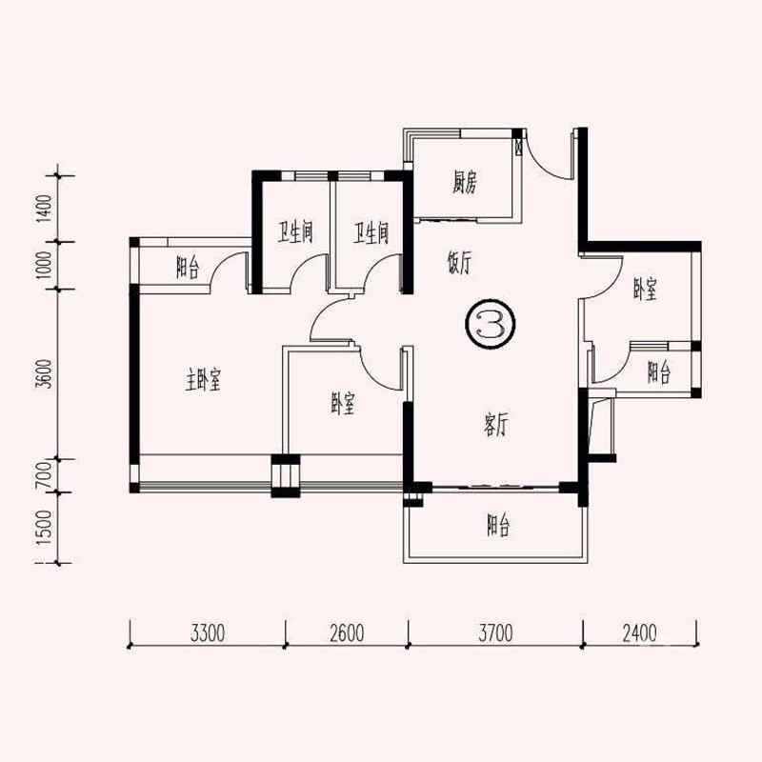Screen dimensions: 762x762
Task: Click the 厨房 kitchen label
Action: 465,183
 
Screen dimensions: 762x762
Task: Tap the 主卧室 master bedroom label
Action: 203,379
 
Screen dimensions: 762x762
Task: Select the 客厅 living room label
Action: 495,424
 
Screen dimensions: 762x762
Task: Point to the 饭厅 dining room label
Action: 459,263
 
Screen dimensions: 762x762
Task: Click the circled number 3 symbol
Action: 490,324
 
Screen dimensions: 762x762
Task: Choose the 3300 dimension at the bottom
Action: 208,633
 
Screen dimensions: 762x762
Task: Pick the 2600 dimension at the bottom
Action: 347,633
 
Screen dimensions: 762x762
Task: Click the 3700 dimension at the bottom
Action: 495,633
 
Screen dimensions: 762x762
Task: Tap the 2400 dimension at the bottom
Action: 639,633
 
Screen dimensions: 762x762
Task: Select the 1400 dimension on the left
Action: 44,208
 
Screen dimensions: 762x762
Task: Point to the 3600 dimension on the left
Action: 44,373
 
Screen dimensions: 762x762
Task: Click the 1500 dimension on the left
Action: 44,528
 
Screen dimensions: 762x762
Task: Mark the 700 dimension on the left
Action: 44,475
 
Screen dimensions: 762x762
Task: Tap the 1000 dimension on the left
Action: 44,265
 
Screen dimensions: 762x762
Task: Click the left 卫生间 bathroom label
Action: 295,232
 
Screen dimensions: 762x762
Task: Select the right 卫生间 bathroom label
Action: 371,232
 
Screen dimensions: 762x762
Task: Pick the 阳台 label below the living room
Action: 498,525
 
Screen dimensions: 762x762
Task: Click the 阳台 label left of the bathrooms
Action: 188,268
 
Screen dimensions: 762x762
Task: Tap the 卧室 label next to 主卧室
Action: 343,403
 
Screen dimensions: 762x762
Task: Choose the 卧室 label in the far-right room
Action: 645,290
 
